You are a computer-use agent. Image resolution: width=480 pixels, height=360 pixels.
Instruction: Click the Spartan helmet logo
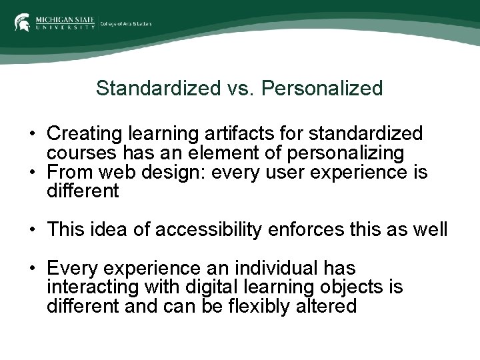click(x=22, y=22)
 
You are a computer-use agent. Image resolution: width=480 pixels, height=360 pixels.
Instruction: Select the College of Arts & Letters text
click(x=126, y=23)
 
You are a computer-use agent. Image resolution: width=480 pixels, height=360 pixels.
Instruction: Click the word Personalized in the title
click(x=323, y=88)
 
